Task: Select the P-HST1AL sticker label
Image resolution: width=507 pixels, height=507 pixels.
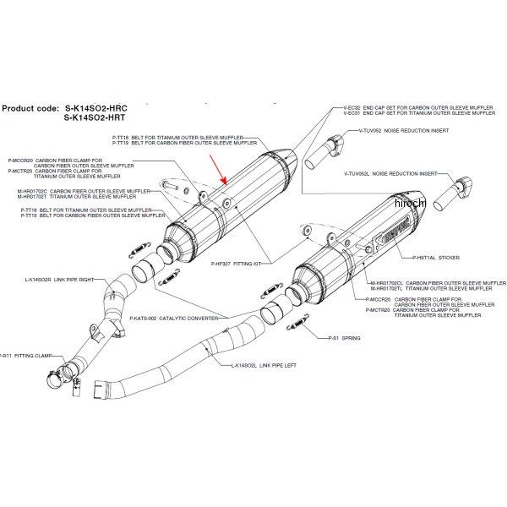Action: tap(438, 258)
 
